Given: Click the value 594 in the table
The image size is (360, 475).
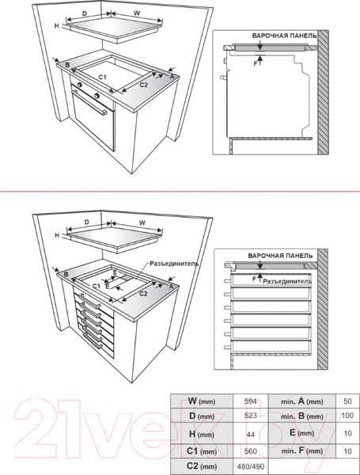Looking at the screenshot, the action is point(250,401).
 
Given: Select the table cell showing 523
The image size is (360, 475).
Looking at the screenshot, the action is point(250,416).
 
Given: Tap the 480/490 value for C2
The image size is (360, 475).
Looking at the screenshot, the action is point(250,466).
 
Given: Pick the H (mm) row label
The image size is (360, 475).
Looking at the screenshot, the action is point(201,434).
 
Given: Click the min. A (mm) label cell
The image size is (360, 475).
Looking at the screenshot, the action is point(302,401).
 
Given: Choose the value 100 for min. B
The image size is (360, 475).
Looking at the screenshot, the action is point(347,415).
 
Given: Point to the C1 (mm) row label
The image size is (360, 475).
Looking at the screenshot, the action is point(201,451).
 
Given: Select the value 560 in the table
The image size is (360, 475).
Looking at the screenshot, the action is point(250,451).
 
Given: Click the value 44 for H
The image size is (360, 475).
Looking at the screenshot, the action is point(250,435).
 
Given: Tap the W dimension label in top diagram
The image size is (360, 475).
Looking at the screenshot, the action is point(137,13).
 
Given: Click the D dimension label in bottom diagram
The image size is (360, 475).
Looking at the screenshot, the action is point(86,222).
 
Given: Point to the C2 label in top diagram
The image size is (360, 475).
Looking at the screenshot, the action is point(143,85).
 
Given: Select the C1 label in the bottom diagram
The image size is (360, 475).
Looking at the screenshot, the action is point(97,286).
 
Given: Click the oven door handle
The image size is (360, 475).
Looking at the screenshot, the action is point(89,102).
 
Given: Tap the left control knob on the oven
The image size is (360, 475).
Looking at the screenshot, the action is point(80,85).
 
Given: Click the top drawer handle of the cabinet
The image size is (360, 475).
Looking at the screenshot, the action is point(89,301).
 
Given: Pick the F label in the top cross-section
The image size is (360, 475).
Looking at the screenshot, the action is point(255,64).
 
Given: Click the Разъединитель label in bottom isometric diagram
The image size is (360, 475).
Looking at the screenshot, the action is point(174,264).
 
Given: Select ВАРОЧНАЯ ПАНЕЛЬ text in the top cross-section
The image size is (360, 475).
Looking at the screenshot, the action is point(284,36).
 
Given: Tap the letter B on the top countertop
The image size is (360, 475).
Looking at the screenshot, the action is point(67,65).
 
